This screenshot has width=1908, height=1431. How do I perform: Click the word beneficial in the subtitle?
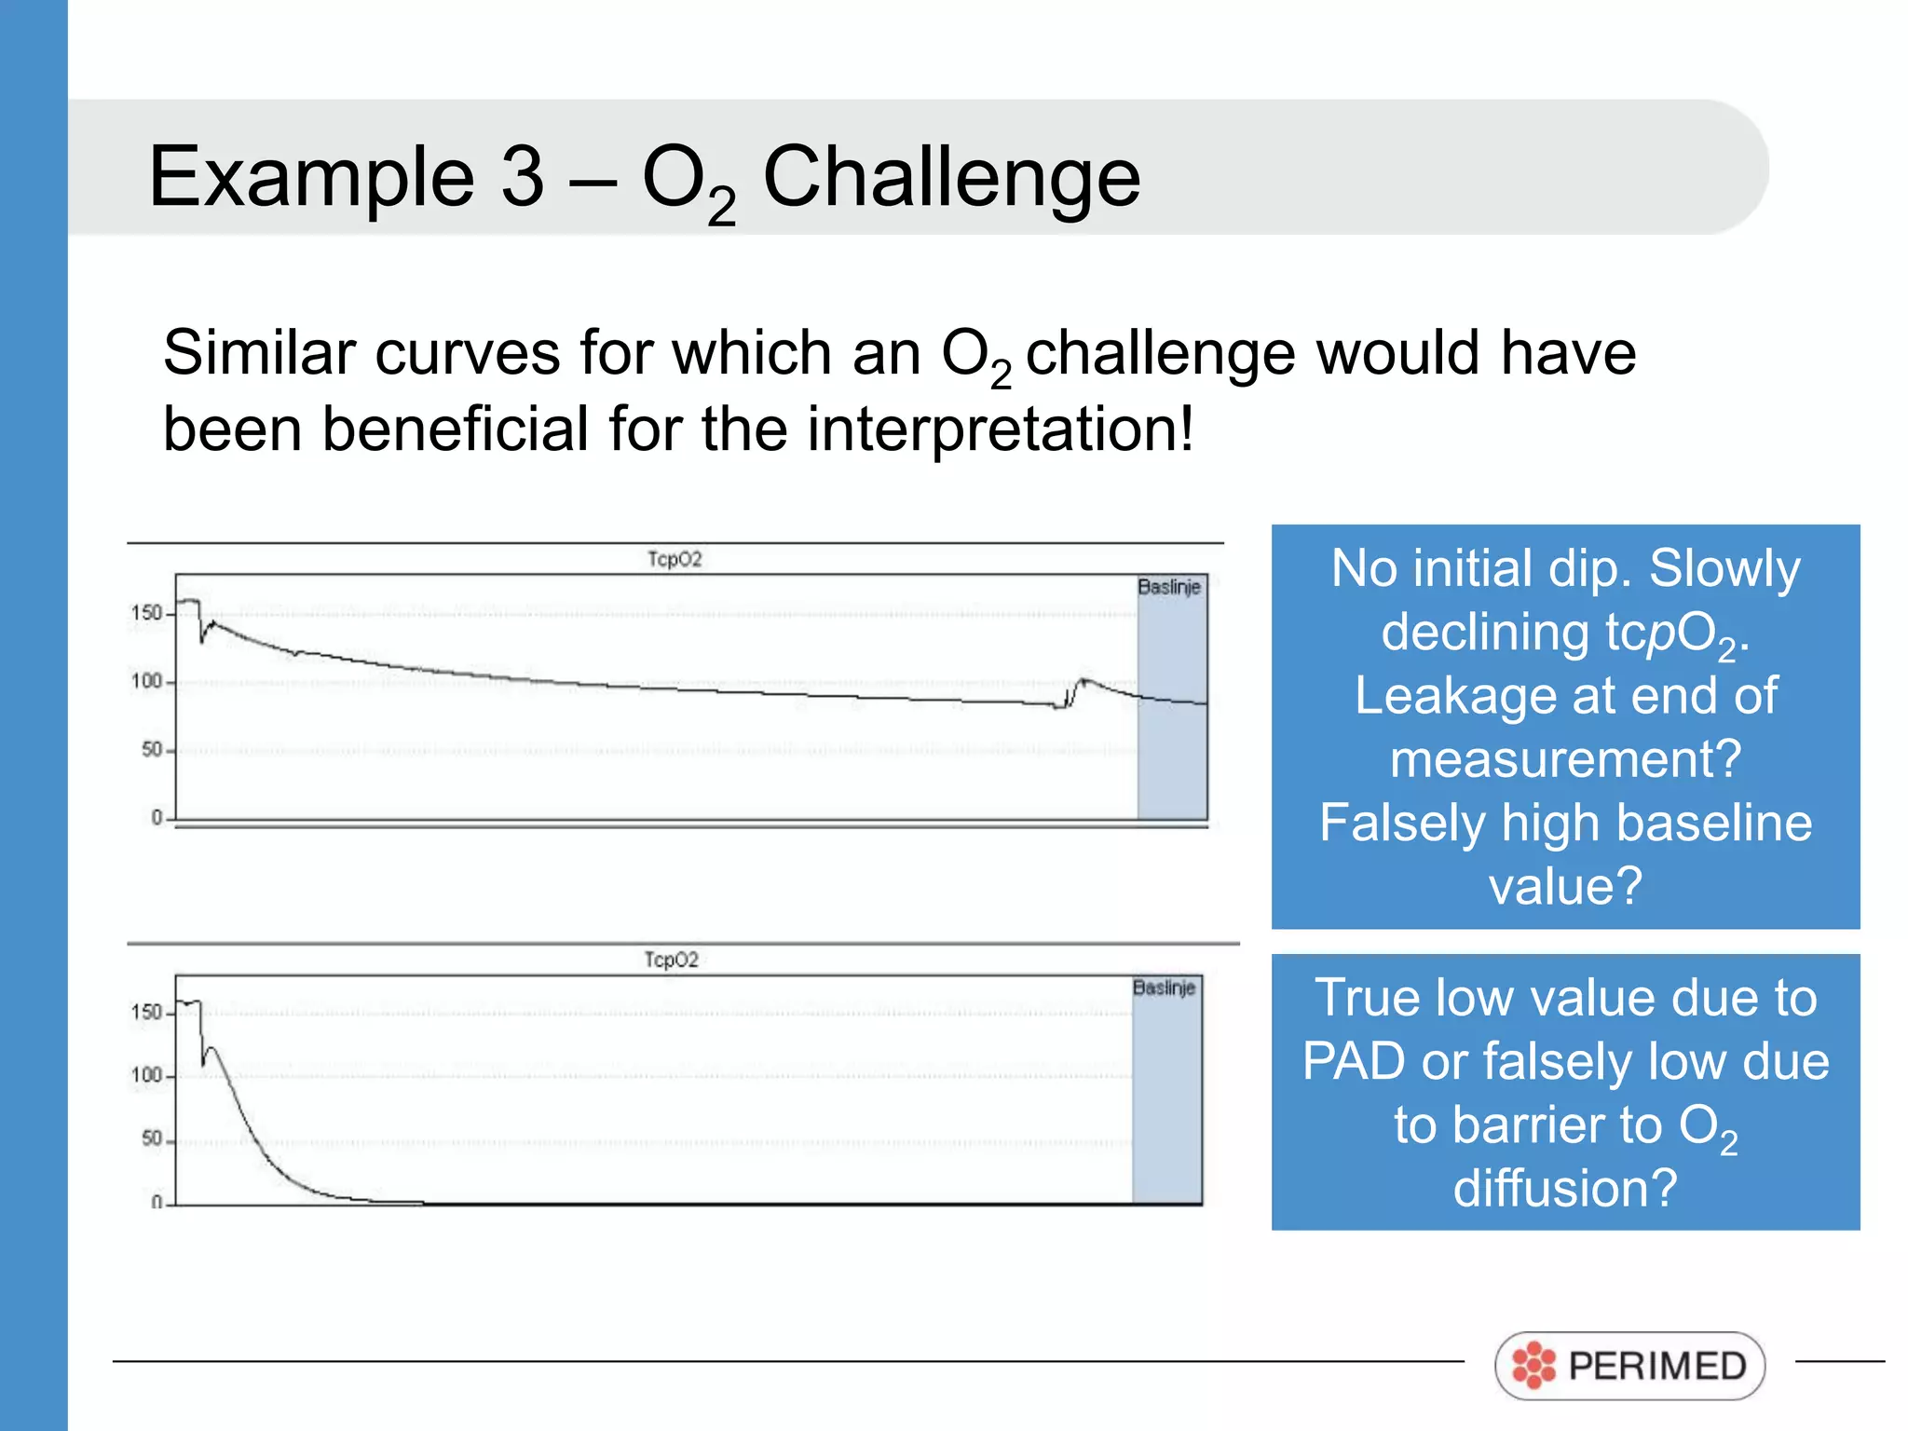tap(455, 429)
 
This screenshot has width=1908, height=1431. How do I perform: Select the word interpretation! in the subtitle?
tap(1000, 429)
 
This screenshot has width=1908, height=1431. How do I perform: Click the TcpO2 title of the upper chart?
tap(675, 559)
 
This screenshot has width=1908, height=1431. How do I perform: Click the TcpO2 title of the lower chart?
tap(671, 960)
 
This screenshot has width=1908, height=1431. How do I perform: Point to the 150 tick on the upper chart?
tap(146, 613)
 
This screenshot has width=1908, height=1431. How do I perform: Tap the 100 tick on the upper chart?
tap(146, 681)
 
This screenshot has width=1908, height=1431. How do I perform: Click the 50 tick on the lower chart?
tap(151, 1138)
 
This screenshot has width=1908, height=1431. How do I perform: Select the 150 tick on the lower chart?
tap(146, 1012)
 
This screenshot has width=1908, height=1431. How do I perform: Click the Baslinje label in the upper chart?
tap(1169, 587)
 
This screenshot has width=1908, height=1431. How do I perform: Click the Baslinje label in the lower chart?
tap(1164, 988)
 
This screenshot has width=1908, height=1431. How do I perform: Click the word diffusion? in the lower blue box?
tap(1565, 1188)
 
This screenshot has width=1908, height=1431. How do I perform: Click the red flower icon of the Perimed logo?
tap(1533, 1366)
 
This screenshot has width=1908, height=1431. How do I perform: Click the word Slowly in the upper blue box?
tap(1724, 568)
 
